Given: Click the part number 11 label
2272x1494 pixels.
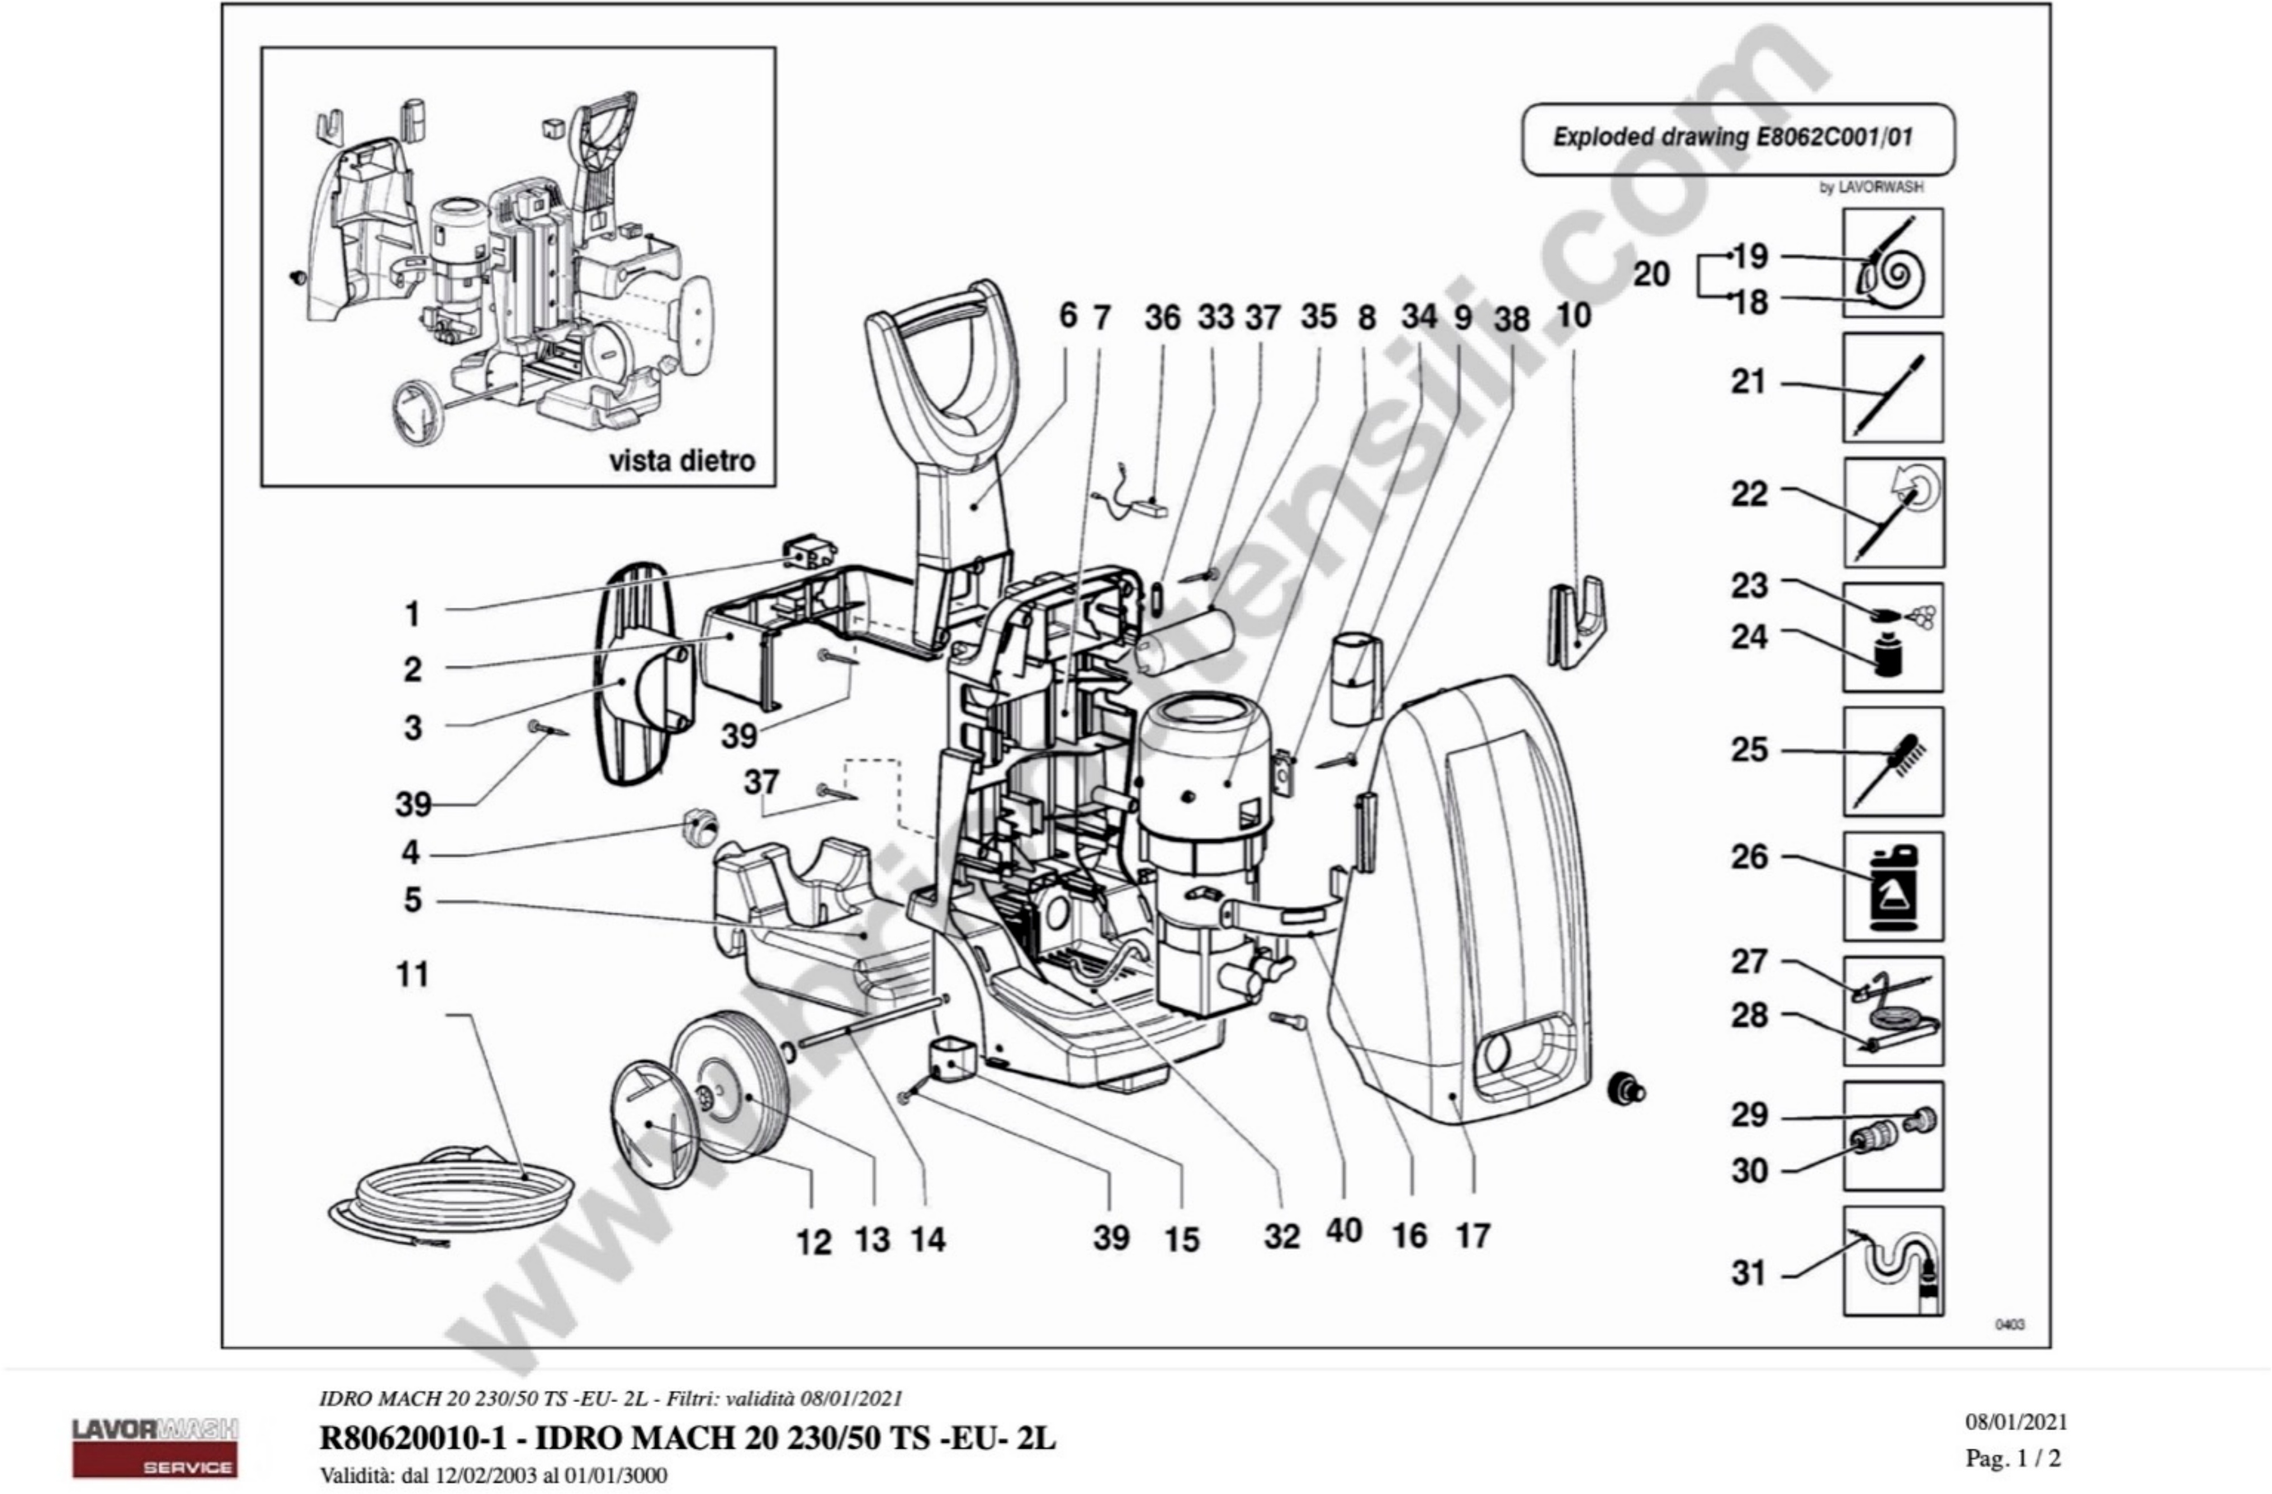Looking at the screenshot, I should [x=413, y=975].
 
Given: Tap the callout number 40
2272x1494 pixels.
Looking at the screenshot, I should [x=1343, y=1231].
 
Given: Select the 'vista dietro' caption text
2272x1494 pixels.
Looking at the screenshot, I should [x=681, y=461].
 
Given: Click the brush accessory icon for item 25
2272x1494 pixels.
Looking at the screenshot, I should [x=1892, y=762].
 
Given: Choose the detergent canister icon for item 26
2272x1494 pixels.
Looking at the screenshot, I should [x=1892, y=886].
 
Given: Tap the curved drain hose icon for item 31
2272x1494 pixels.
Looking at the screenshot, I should [x=1892, y=1260].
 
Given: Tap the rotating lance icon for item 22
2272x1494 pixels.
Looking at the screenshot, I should [x=1892, y=513].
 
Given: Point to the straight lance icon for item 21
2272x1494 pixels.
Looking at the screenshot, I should [x=1892, y=387].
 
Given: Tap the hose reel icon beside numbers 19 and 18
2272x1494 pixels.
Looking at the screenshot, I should [x=1892, y=263].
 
